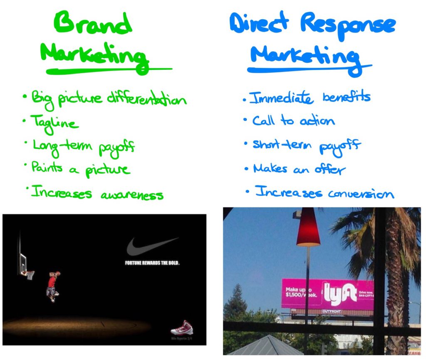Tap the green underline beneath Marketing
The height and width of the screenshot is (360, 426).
[x=108, y=71]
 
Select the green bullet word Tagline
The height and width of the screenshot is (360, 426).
[x=54, y=123]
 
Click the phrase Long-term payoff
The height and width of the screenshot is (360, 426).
[x=83, y=146]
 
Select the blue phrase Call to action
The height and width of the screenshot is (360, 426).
[x=293, y=121]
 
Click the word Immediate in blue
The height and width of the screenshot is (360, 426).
[x=281, y=99]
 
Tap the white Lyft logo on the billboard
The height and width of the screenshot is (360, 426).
[x=340, y=293]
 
